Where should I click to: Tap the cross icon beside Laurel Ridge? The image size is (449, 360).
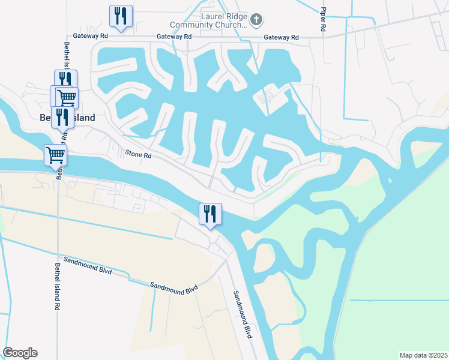[256, 20]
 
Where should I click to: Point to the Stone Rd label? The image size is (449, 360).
[139, 155]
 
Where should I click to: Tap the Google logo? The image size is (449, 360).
[20, 353]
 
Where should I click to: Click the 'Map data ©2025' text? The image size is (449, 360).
[423, 355]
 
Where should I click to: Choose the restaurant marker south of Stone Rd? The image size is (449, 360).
[210, 214]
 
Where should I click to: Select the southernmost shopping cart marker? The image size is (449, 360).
[55, 155]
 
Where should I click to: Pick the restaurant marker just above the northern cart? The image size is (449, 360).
[65, 80]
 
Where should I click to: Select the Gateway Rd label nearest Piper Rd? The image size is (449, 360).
[282, 37]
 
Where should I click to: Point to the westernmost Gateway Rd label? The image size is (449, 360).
[91, 37]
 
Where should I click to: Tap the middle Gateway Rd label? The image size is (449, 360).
[174, 37]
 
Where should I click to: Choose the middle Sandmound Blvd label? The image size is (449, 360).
[174, 288]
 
